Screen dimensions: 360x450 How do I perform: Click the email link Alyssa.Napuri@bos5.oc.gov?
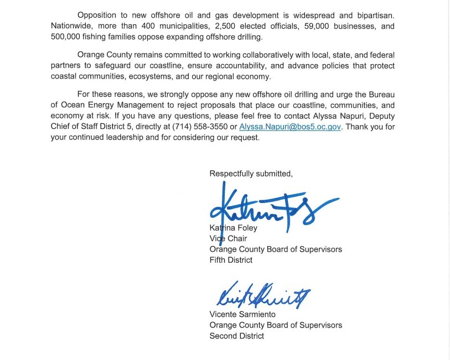pos(290,127)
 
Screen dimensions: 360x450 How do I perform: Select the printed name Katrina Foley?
pos(233,227)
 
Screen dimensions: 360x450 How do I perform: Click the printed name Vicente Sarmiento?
pos(242,314)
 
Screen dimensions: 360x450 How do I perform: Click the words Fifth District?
pos(231,260)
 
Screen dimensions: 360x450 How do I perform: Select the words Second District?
pos(236,336)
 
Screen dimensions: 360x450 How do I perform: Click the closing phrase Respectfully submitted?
pos(251,174)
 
